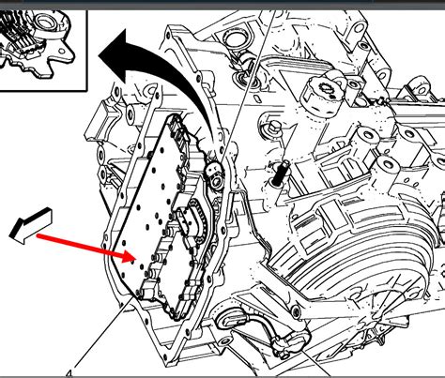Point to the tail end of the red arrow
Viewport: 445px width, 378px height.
(39, 237)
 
